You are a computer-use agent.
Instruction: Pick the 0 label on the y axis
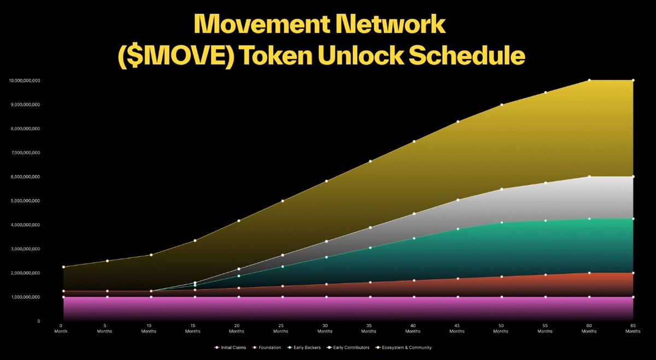click(39, 321)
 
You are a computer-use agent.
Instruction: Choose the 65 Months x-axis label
click(633, 328)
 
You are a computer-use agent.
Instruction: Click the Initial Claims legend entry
click(232, 347)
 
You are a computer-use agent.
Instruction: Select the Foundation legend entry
click(269, 347)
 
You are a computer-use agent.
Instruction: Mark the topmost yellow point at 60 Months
click(589, 80)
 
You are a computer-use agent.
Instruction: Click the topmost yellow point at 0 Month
click(63, 267)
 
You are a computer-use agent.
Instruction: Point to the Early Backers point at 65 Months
click(633, 219)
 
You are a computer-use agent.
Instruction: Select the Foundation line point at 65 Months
click(633, 273)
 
